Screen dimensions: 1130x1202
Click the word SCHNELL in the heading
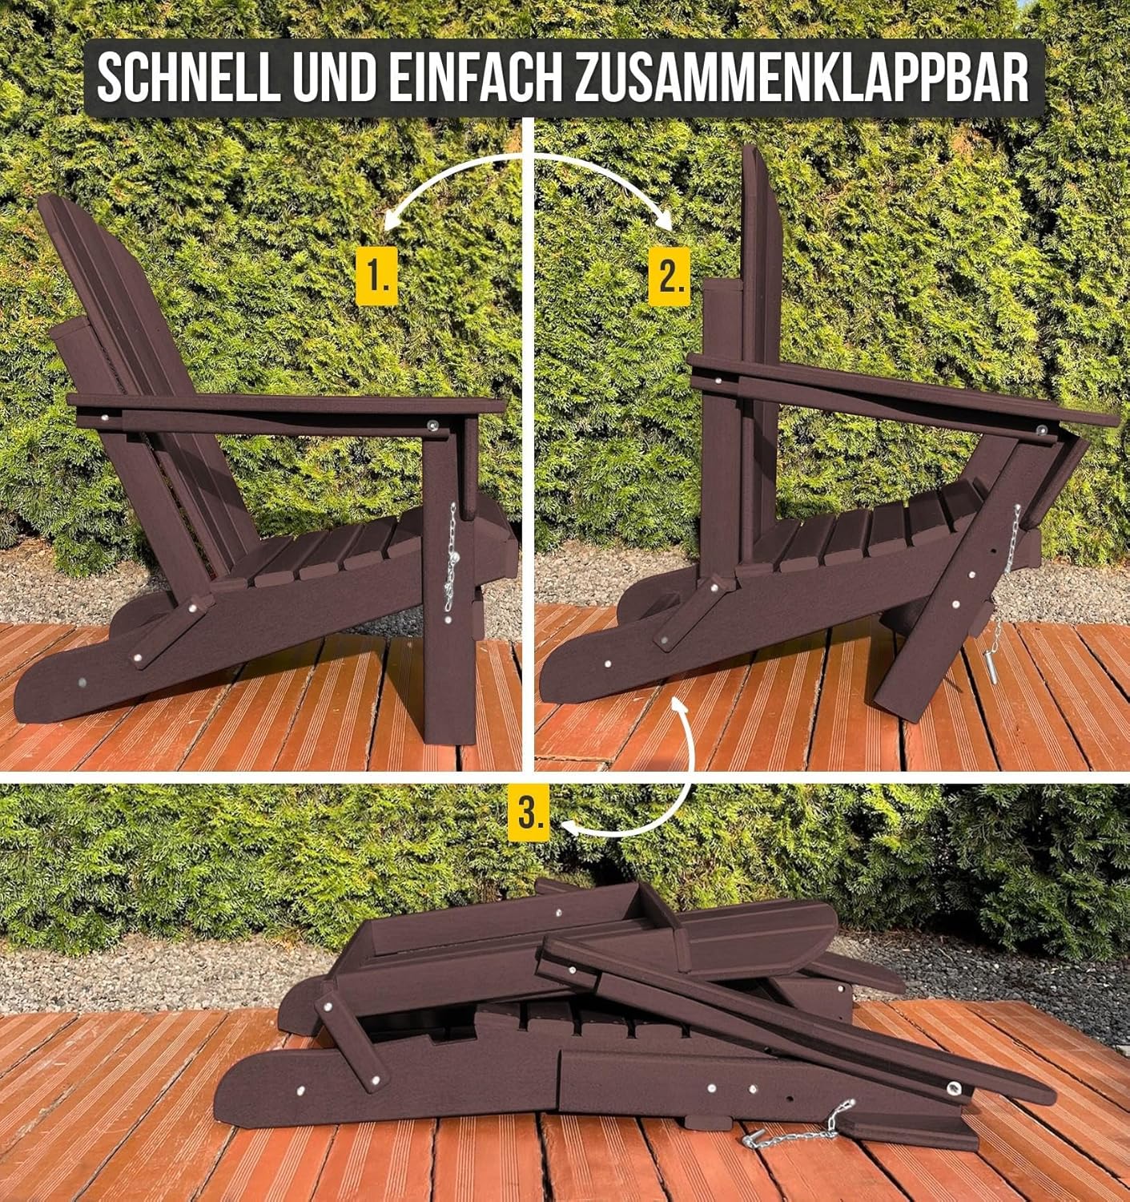(189, 79)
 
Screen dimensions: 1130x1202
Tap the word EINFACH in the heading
(476, 79)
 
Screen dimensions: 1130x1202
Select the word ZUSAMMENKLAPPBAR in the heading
(801, 79)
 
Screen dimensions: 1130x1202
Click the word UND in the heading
(335, 79)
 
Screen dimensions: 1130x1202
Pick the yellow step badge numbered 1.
(376, 276)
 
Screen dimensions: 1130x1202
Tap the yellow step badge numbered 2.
(669, 276)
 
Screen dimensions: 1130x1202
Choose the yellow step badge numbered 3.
(529, 813)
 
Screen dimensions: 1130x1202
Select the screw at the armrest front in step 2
(1041, 430)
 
